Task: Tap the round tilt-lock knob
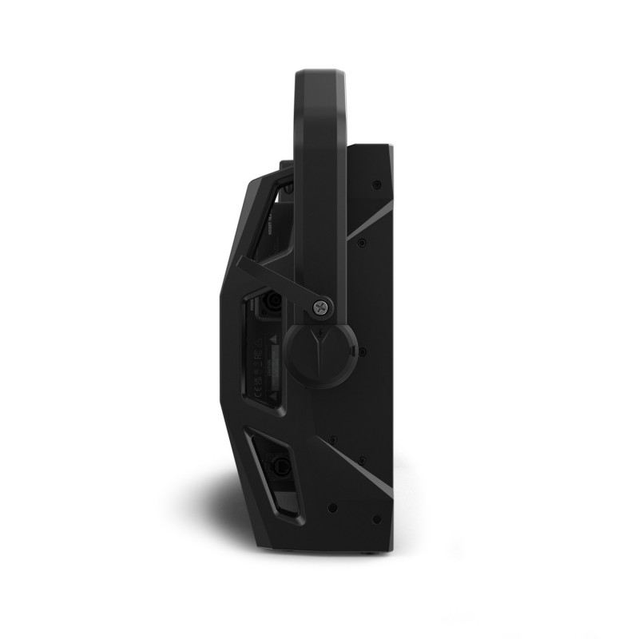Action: point(319,355)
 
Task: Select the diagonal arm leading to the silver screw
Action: point(276,280)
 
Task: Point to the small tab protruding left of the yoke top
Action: point(285,165)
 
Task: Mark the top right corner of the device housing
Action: point(391,146)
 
